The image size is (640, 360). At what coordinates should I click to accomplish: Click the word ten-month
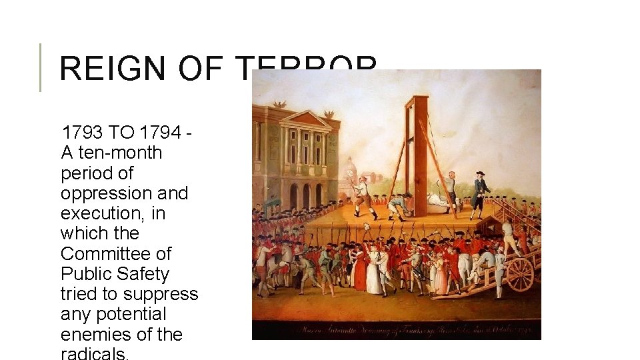120,153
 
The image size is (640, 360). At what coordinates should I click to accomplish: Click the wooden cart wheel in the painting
520,274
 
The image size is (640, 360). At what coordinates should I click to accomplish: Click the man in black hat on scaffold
479,193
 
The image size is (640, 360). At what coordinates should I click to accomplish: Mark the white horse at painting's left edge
267,257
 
